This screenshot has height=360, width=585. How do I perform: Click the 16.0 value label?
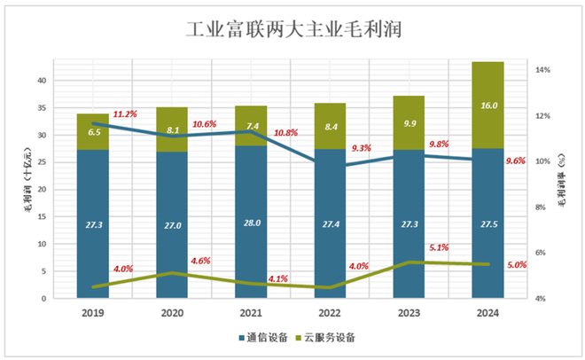[x=488, y=105]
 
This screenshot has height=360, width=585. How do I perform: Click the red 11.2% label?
[x=124, y=114]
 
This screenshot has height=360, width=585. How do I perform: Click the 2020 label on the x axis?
[x=171, y=313]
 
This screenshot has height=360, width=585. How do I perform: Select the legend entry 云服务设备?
[x=330, y=337]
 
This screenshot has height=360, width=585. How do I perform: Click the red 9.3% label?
[x=361, y=148]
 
